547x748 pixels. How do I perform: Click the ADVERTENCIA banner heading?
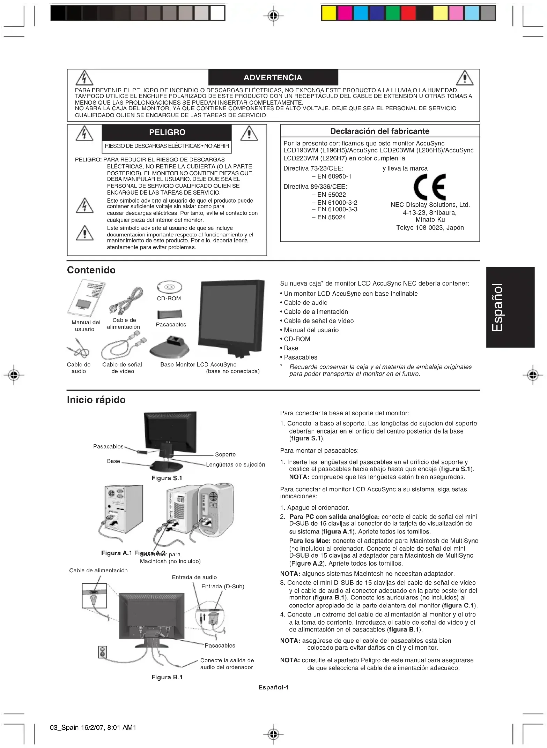tap(273, 77)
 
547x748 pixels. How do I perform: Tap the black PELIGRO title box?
tap(167, 132)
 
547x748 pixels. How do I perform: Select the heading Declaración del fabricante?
tap(380, 131)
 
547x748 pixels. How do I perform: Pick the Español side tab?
tap(510, 307)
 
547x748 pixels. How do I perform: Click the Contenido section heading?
tap(91, 270)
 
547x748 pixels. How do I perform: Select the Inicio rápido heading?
tap(96, 400)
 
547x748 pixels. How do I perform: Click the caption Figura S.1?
tap(167, 478)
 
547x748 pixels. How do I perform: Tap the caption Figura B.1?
tap(167, 677)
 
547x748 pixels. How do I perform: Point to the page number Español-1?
tap(273, 687)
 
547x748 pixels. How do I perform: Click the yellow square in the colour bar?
tap(328, 13)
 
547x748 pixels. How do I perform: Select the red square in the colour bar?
tap(408, 13)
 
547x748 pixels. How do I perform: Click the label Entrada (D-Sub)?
tap(223, 587)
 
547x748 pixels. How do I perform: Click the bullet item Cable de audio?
tap(305, 303)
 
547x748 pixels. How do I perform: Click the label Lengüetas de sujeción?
tap(235, 464)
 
